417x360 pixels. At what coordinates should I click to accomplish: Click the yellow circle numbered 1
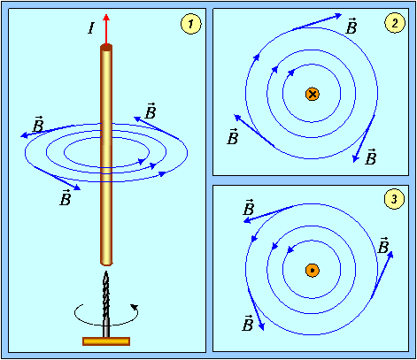[x=191, y=24]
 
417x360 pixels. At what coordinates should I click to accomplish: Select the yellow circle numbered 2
[x=395, y=23]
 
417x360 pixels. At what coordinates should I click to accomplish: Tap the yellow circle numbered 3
[x=394, y=199]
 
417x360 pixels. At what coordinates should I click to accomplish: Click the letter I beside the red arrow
[x=91, y=28]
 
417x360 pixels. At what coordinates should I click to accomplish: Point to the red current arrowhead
[x=106, y=17]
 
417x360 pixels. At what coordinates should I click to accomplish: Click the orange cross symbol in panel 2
[x=313, y=94]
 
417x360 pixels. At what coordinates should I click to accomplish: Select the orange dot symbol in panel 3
[x=313, y=271]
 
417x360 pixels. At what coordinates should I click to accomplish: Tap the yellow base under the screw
[x=106, y=341]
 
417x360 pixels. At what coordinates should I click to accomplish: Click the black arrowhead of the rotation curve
[x=135, y=307]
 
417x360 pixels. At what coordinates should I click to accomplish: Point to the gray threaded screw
[x=106, y=304]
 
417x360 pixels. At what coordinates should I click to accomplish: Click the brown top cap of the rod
[x=106, y=48]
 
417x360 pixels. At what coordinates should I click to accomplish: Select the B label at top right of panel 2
[x=351, y=26]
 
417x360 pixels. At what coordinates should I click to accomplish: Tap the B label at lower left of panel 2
[x=233, y=136]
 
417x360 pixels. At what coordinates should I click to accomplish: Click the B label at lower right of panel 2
[x=371, y=157]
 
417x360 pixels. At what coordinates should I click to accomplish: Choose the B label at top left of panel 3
[x=249, y=207]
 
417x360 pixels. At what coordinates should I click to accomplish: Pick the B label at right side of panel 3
[x=383, y=245]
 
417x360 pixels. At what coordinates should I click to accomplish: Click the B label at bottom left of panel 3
[x=248, y=323]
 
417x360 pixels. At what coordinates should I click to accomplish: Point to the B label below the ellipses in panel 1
[x=66, y=198]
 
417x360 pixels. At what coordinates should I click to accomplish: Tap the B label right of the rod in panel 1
[x=151, y=111]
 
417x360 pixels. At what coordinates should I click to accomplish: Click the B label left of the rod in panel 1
[x=38, y=124]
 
